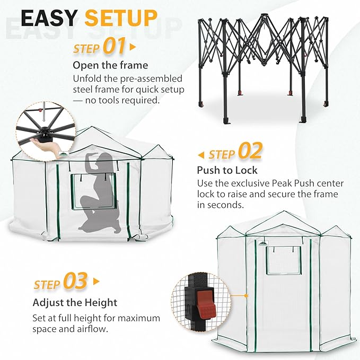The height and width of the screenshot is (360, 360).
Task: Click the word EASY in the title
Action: coord(49,19)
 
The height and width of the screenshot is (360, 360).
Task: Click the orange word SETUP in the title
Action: coord(121,19)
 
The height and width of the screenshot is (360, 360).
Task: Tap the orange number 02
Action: coord(250,152)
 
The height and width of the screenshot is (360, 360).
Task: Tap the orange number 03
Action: coord(75,282)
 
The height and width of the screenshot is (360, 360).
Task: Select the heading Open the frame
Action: coord(110,66)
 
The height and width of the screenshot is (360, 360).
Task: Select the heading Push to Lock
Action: coord(227,170)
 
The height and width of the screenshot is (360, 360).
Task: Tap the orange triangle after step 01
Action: coord(133,47)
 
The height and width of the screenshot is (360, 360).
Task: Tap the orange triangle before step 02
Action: coord(200,155)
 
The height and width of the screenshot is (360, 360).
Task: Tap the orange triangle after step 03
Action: coord(96,282)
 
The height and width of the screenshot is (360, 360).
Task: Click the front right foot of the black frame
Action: coord(304,116)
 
